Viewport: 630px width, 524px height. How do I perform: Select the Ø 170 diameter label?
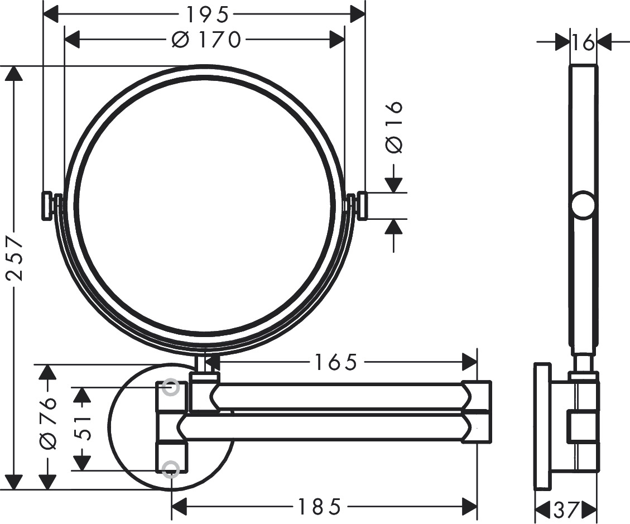point(206,40)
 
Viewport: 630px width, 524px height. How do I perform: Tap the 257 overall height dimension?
point(16,258)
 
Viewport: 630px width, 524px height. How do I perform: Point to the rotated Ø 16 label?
point(394,127)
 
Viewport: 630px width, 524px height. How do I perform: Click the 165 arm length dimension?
point(334,363)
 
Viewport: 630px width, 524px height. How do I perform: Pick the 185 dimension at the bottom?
point(319,507)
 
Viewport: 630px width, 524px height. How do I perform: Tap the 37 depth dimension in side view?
point(566,509)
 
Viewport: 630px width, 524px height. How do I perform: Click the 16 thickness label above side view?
point(583,42)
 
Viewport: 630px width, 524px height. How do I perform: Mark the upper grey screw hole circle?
point(171,387)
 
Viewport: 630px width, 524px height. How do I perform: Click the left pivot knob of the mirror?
point(46,206)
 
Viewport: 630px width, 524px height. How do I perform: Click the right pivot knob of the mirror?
point(361,206)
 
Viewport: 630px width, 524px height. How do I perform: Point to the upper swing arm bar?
point(335,396)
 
